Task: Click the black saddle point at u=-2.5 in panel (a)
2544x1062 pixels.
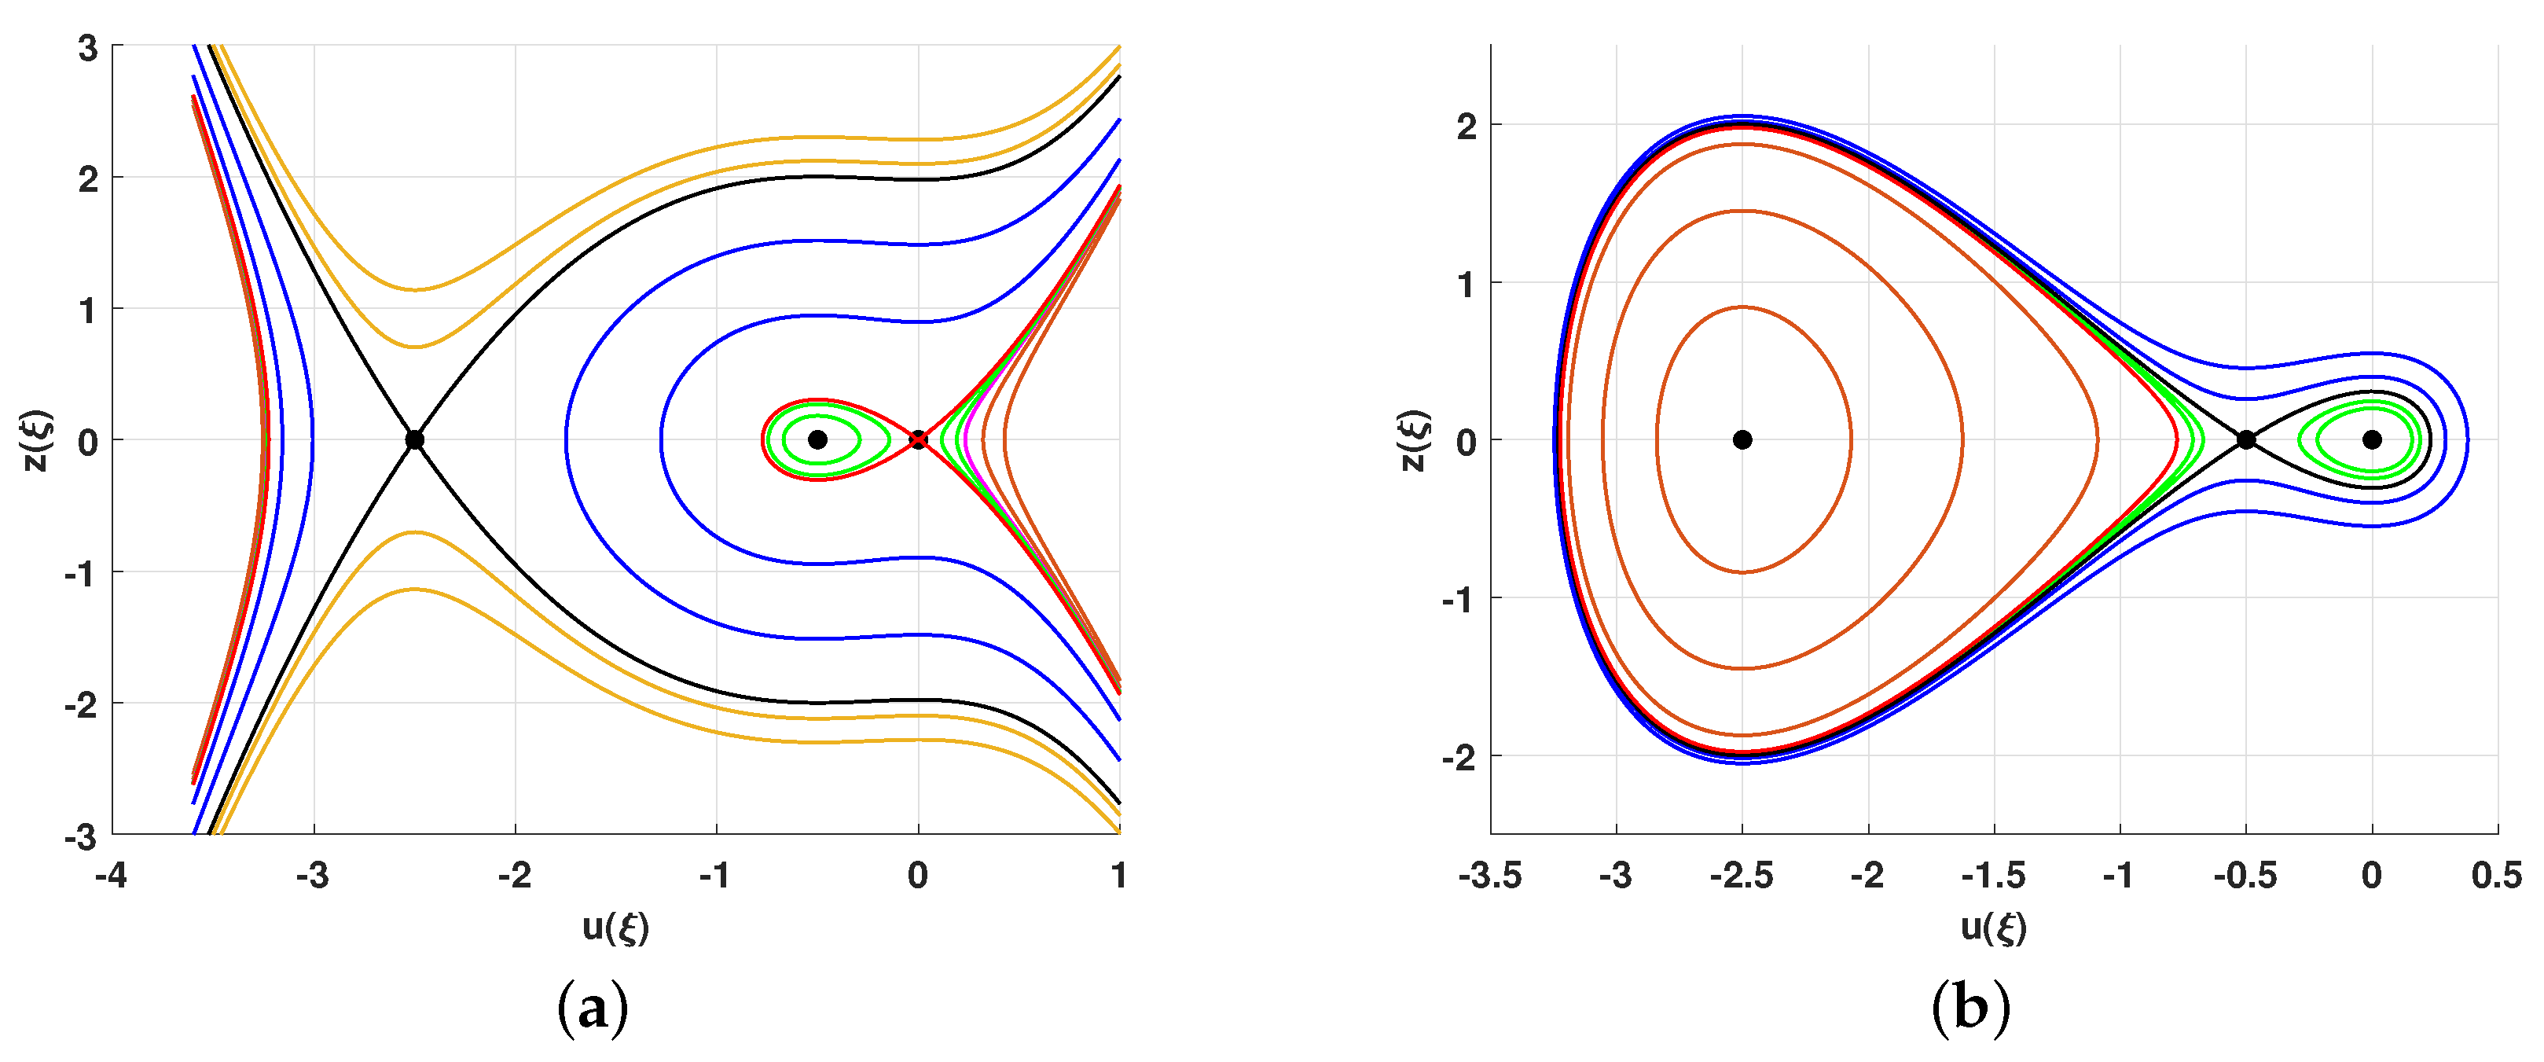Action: [415, 439]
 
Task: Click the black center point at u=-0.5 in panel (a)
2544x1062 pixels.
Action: [817, 439]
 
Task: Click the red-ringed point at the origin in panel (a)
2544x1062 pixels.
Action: [919, 439]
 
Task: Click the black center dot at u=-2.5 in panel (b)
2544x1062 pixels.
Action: [1742, 439]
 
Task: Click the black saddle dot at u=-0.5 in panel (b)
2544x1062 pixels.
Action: [2246, 439]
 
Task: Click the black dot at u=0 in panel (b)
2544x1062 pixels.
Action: [2372, 439]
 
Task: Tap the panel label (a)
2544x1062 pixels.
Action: [593, 1009]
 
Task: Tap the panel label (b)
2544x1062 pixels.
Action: [1970, 1009]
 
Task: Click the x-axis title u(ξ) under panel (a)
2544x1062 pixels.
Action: [615, 928]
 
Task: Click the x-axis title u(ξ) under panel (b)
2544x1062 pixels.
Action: [1994, 928]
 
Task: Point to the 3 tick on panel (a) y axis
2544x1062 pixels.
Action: [88, 47]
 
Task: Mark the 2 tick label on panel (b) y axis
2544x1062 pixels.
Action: [1467, 127]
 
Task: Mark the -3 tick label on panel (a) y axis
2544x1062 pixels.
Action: [81, 836]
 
